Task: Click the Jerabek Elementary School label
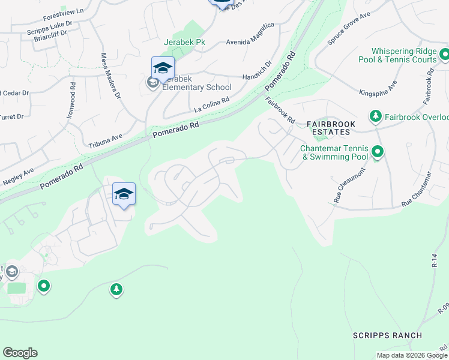click(193, 87)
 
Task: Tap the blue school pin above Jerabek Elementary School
click(163, 68)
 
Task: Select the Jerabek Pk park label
click(184, 43)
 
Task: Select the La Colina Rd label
click(212, 105)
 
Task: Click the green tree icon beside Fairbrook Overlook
click(376, 115)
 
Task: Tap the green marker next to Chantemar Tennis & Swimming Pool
click(378, 152)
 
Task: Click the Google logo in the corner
click(20, 353)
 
